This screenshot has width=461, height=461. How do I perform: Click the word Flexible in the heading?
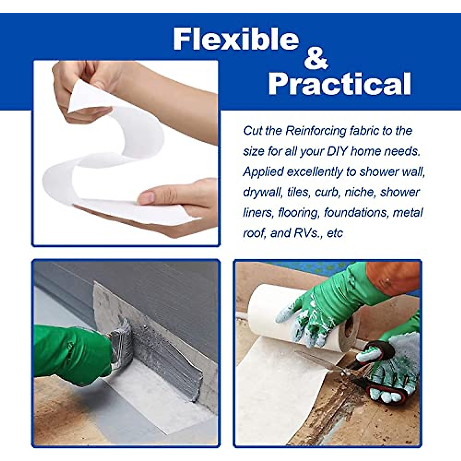(x=236, y=39)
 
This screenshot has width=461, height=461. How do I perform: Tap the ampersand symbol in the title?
(x=316, y=59)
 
